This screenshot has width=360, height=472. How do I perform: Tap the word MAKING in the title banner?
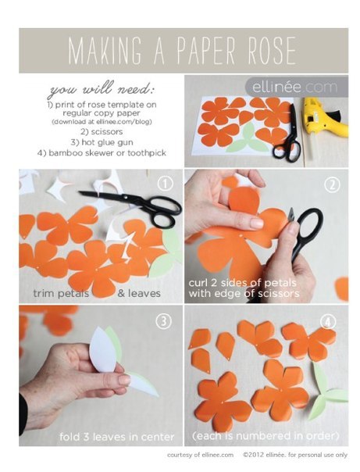(x=105, y=50)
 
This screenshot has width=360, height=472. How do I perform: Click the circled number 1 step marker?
(x=166, y=184)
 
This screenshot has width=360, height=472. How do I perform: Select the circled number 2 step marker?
(x=332, y=184)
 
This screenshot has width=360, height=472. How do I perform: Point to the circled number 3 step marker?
(x=163, y=321)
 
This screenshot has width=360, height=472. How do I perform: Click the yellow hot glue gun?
(x=326, y=117)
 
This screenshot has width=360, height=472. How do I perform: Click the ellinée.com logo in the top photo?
(x=294, y=88)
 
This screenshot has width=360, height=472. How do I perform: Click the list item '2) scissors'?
(x=102, y=131)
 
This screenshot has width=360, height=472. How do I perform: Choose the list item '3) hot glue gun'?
(x=102, y=142)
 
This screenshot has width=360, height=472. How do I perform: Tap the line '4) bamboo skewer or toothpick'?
(x=102, y=153)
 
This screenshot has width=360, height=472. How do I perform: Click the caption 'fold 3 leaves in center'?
(x=116, y=437)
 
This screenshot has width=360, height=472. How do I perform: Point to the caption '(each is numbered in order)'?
(x=266, y=435)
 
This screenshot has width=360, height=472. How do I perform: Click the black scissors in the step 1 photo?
(x=132, y=205)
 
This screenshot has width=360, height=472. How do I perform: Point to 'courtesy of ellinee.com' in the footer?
(x=200, y=455)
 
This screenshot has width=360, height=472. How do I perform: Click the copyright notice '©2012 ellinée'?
(x=263, y=455)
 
